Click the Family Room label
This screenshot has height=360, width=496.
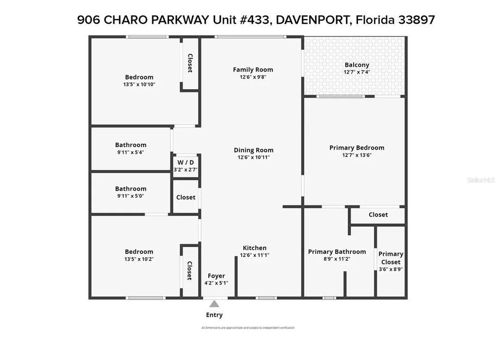[x=253, y=69]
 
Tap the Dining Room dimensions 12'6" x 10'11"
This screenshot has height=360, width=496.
[x=253, y=157]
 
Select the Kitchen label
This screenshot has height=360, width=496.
[x=254, y=248]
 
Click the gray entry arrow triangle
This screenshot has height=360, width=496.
[x=214, y=304]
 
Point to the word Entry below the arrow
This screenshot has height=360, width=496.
[x=214, y=315]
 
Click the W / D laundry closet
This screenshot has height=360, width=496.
[x=186, y=166]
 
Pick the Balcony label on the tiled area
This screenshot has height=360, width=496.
[x=356, y=64]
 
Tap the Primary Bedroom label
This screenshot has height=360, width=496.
[x=356, y=148]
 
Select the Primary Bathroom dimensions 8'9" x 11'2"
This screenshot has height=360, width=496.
[x=337, y=259]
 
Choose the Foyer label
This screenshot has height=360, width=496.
[x=216, y=276]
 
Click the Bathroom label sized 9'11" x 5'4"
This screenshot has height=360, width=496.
[x=130, y=145]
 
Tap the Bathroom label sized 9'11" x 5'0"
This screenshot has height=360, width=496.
[x=130, y=189]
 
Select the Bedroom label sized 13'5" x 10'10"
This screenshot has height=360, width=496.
[x=139, y=77]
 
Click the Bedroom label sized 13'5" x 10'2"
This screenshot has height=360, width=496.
[x=139, y=251]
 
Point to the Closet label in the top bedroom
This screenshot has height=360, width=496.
[x=190, y=63]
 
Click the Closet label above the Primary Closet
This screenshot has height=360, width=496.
[x=378, y=215]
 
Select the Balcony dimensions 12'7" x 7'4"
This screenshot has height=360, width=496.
[x=356, y=72]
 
